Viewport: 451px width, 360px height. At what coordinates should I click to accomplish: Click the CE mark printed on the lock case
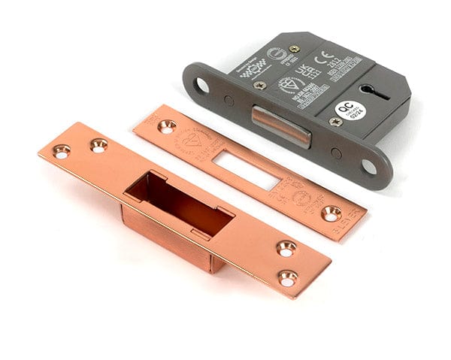(x=327, y=55)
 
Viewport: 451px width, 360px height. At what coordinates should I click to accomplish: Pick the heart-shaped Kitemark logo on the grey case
(x=288, y=84)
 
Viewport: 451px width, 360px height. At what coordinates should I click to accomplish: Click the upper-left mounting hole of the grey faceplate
(x=201, y=85)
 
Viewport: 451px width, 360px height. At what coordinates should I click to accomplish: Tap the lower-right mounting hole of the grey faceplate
(x=372, y=165)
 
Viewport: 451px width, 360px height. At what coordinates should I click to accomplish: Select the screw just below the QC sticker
(x=335, y=122)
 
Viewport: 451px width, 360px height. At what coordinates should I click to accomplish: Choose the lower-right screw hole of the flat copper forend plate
(x=331, y=213)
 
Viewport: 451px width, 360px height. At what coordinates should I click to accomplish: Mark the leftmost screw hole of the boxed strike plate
(x=61, y=151)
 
